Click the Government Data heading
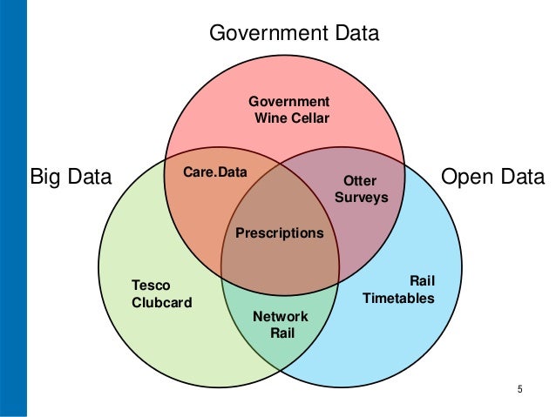click(295, 34)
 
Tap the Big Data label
click(71, 178)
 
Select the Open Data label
click(493, 178)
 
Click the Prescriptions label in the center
click(280, 233)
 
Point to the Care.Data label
click(215, 173)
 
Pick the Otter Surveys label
click(361, 189)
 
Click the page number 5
click(520, 388)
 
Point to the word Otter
click(360, 181)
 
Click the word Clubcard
click(161, 302)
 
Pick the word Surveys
click(361, 198)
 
